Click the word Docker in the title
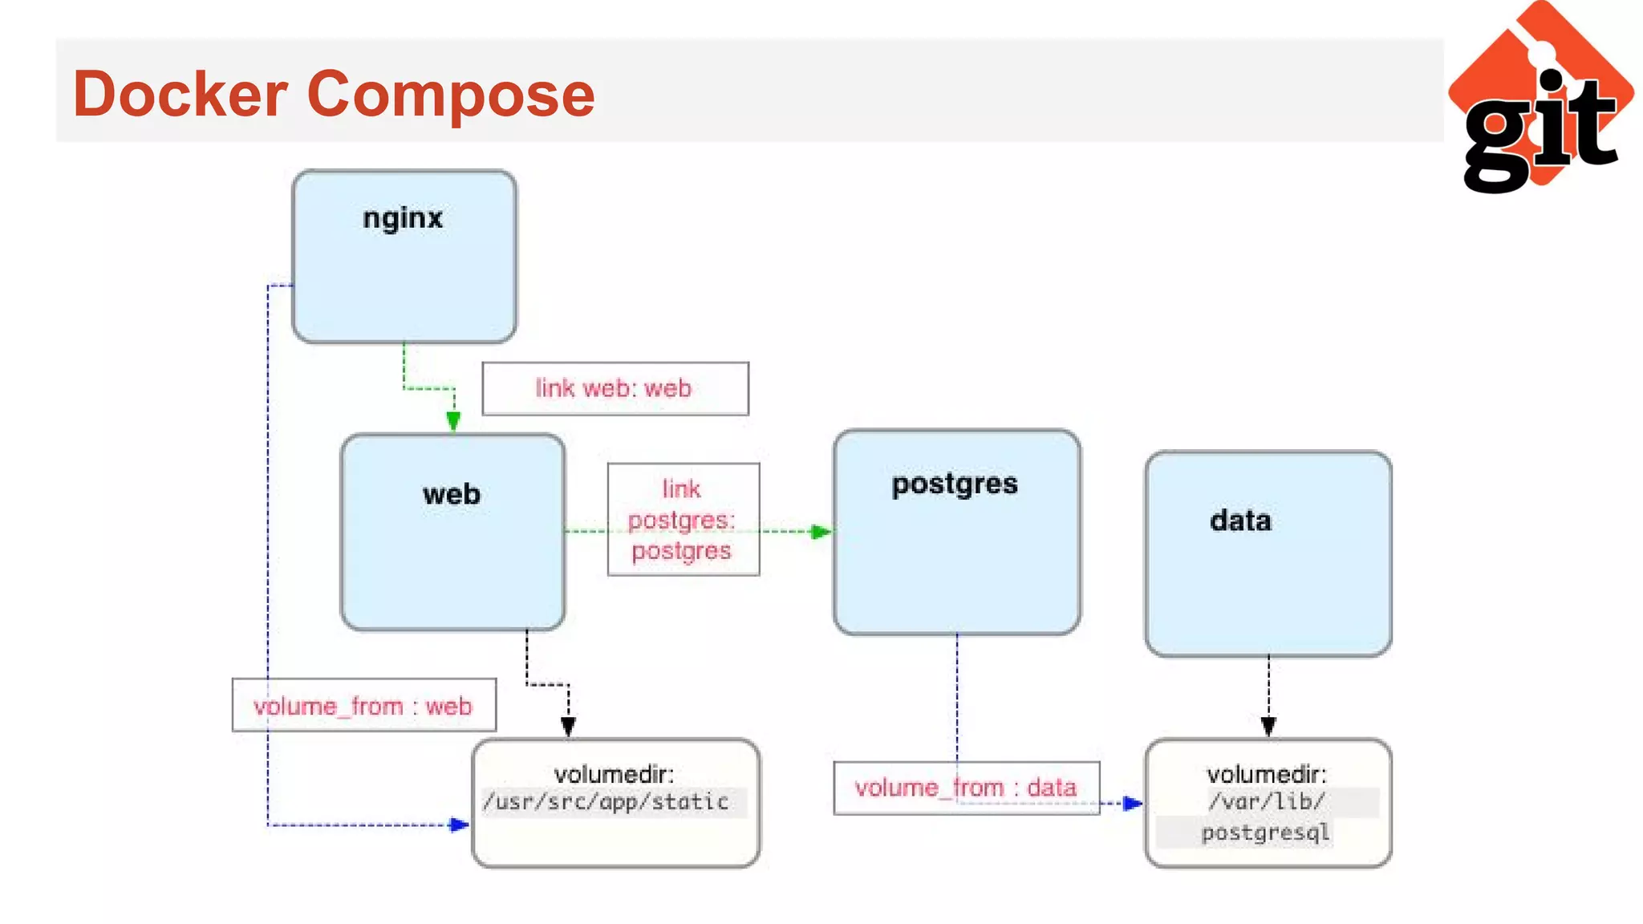coord(180,95)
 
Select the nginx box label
coord(403,218)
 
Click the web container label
coord(452,494)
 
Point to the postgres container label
coord(955,484)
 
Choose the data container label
coord(1240,521)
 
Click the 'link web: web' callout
coord(615,389)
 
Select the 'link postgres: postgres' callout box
coord(683,520)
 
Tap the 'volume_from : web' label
coord(363,707)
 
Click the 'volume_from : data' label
coord(966,788)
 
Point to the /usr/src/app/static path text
coord(606,802)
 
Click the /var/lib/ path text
coord(1266,801)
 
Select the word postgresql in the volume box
coord(1265,833)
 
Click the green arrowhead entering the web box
coord(453,421)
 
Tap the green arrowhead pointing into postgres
coord(820,532)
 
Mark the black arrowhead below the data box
coord(1268,727)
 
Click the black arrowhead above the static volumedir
coord(568,727)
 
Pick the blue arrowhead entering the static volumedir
coord(459,825)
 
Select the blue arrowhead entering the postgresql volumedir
coord(1132,803)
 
